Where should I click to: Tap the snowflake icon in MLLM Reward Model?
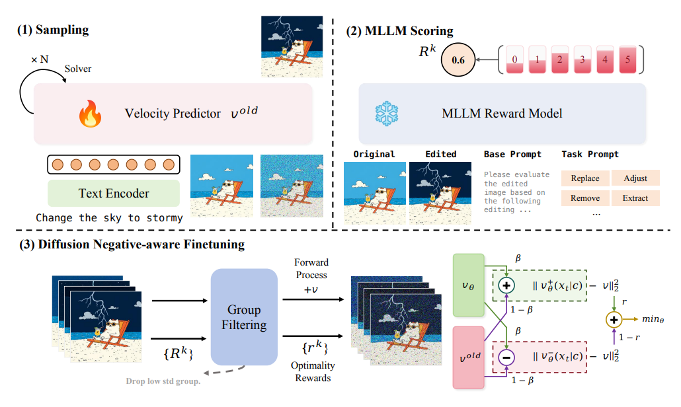pos(387,114)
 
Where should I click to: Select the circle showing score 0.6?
pos(458,59)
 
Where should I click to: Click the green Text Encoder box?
pos(114,194)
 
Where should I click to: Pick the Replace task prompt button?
pos(584,178)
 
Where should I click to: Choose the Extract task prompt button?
pos(635,198)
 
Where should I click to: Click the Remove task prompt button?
pos(584,198)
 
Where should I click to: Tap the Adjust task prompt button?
pos(635,178)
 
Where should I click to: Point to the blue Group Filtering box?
pos(245,317)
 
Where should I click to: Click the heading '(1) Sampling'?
pos(53,30)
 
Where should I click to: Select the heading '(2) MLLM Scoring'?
pos(401,30)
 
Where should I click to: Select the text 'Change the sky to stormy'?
pos(109,217)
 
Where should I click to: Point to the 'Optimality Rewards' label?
pos(313,371)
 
